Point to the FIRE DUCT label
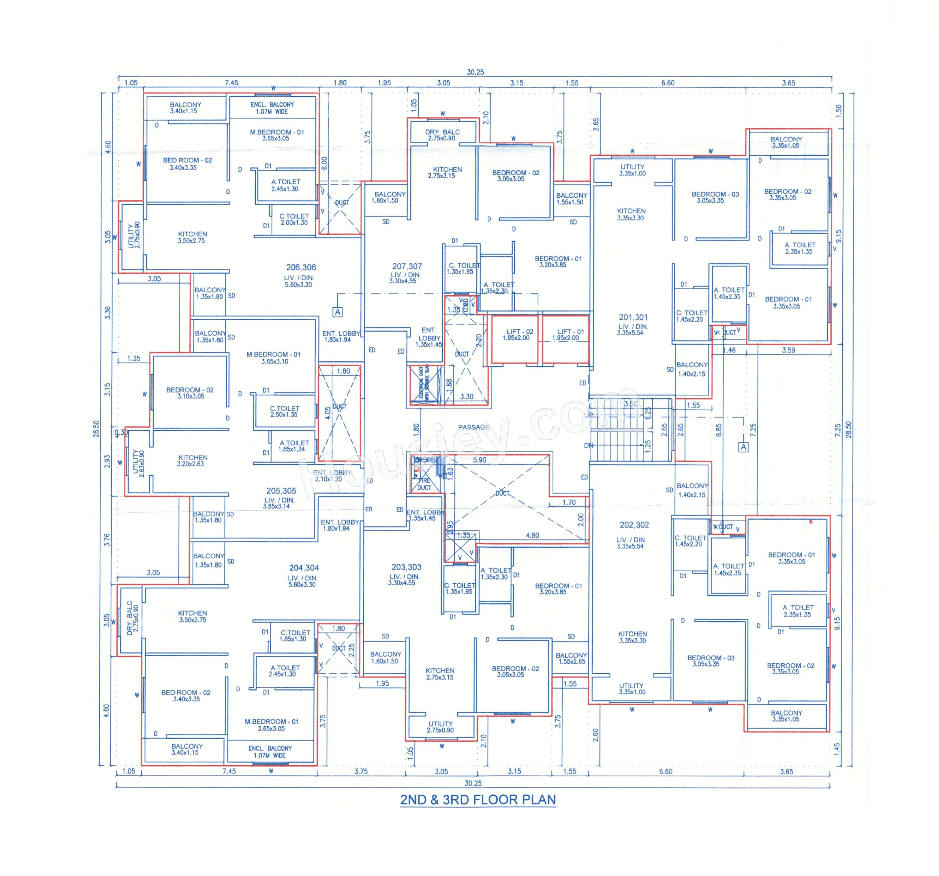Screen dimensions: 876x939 click(x=424, y=484)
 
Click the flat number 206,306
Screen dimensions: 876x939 click(x=301, y=267)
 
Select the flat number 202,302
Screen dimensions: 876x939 click(x=634, y=525)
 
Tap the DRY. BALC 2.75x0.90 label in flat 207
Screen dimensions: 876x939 click(x=442, y=135)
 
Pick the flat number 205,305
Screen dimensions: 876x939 click(x=281, y=491)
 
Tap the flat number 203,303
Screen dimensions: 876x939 click(x=406, y=567)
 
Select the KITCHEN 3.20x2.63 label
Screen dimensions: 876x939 click(x=192, y=461)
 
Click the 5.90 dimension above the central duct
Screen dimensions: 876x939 click(x=480, y=460)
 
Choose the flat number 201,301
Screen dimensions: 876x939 click(x=633, y=318)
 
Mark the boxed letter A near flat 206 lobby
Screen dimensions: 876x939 click(x=337, y=312)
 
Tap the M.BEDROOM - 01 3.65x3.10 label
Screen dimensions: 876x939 click(x=274, y=358)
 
